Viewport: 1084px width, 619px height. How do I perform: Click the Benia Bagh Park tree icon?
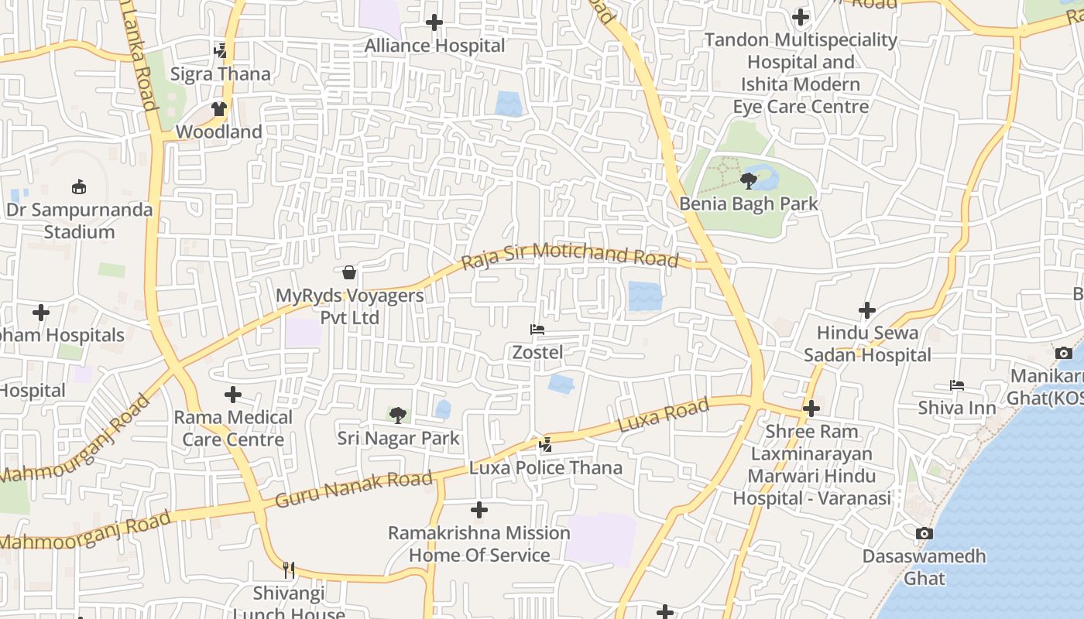748,181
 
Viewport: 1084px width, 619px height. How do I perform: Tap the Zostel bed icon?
537,330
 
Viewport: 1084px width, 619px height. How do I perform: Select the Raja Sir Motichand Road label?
570,255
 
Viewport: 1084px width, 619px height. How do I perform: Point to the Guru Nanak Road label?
353,489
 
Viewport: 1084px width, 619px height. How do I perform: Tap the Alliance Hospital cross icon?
434,23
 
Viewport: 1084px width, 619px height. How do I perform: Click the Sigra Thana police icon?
221,51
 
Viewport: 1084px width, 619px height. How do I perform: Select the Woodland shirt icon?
220,109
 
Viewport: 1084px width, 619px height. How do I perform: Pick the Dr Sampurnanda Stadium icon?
79,186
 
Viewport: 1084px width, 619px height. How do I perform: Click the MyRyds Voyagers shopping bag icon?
349,272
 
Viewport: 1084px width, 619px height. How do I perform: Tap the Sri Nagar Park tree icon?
398,416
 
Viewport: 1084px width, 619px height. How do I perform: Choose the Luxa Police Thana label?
546,467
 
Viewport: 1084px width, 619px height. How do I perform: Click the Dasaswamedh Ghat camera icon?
924,534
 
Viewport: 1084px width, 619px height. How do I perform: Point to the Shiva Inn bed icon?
957,385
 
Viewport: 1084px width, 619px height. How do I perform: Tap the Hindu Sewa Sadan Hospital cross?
867,311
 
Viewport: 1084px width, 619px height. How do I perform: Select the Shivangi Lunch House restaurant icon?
289,571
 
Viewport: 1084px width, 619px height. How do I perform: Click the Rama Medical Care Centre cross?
233,395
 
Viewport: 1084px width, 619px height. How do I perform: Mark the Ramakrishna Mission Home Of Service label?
479,544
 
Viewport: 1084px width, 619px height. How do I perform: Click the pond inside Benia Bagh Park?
765,180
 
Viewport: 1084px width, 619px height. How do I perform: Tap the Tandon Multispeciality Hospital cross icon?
801,17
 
